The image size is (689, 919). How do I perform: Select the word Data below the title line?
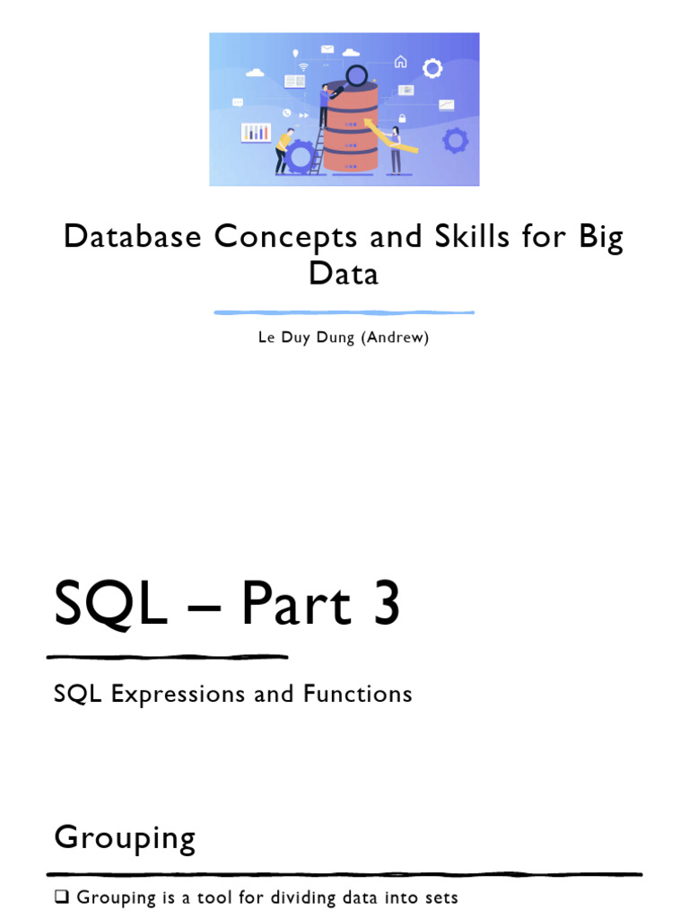point(344,273)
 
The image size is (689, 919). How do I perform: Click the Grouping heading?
point(125,837)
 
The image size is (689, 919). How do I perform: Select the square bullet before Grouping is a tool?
point(61,897)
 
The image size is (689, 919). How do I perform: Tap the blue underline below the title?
point(344,312)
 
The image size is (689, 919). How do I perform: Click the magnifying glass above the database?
point(356,75)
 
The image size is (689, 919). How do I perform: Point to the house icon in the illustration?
point(400,62)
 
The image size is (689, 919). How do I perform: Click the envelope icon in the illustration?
point(327,49)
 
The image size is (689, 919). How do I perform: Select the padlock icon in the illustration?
point(403,118)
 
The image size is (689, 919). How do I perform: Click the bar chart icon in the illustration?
point(256,133)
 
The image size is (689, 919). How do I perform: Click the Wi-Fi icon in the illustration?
point(303,67)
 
